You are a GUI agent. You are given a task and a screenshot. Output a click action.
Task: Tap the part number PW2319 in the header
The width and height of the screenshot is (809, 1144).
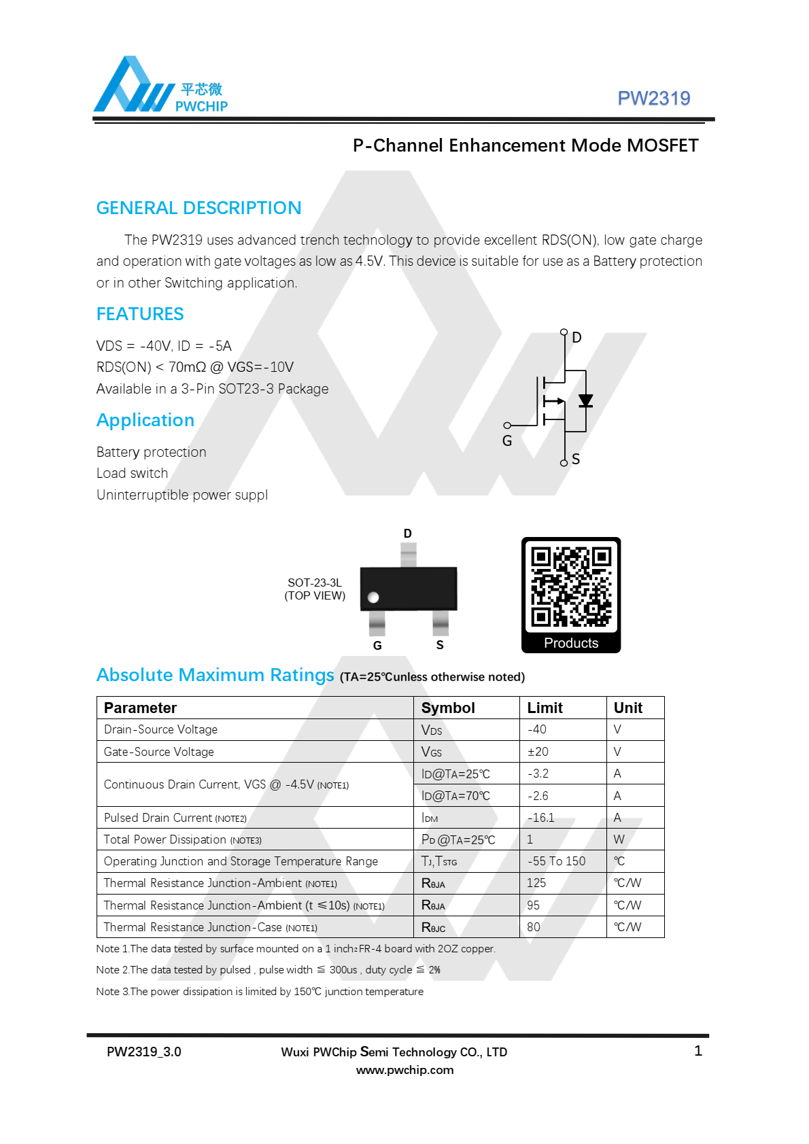653,99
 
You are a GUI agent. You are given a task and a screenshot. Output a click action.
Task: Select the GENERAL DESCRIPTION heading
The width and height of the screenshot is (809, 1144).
199,208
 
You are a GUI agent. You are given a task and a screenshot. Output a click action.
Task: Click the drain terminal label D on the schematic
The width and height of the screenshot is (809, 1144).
576,337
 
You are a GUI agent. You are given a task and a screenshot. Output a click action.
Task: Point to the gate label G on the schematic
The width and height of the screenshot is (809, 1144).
507,440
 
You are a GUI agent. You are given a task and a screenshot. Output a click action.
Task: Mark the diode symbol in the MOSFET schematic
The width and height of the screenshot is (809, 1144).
585,401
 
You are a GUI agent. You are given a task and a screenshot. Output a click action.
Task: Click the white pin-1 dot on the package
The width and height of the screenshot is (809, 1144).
373,597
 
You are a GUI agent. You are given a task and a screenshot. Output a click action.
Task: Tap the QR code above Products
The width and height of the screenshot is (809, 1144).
571,587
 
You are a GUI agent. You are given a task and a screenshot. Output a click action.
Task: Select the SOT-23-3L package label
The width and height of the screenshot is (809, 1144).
315,583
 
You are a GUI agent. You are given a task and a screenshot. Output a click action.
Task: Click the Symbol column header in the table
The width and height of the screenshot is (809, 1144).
448,708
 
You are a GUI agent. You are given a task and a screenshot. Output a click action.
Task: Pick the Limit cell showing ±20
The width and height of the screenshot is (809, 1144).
538,752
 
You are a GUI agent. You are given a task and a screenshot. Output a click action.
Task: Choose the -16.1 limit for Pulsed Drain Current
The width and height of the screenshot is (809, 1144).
541,818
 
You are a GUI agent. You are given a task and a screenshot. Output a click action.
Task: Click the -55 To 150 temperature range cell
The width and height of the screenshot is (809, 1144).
556,861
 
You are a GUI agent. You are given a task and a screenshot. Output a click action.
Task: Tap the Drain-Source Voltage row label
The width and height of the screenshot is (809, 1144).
160,729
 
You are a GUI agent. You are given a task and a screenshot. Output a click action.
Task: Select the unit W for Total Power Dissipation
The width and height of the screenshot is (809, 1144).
619,839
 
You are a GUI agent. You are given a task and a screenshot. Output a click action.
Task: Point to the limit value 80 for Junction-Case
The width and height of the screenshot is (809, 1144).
534,927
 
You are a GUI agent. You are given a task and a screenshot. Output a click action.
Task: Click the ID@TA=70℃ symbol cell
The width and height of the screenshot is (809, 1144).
455,796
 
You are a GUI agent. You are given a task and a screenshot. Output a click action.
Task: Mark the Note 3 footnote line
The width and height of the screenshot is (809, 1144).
260,992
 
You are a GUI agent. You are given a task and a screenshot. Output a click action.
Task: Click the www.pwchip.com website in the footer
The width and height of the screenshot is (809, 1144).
404,1070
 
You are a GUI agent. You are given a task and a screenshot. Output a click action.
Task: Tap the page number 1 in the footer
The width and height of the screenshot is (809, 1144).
698,1051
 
